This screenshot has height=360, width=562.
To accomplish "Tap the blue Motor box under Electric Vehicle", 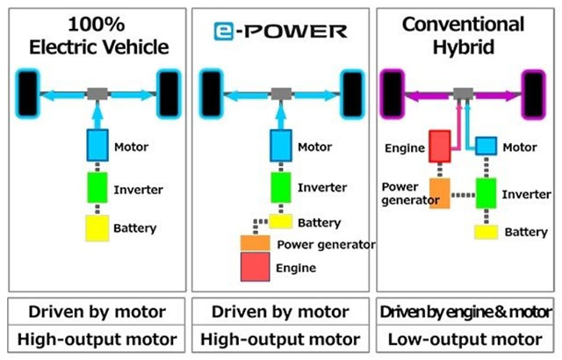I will click(97, 145).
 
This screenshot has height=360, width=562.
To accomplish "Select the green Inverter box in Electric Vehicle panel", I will click(97, 188).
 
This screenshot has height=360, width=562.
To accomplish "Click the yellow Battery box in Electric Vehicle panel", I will click(97, 227).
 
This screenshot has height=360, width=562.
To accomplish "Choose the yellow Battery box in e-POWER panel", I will click(281, 221).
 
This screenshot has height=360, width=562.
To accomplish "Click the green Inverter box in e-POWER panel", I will click(281, 187).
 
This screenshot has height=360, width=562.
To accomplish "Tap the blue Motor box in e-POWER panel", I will click(281, 145).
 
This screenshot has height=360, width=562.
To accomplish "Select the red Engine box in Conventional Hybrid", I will click(440, 146).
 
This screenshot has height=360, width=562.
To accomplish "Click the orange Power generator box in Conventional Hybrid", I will click(440, 192).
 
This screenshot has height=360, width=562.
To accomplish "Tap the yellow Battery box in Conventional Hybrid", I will click(487, 232).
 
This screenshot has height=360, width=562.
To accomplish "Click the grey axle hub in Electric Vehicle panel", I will click(97, 93).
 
